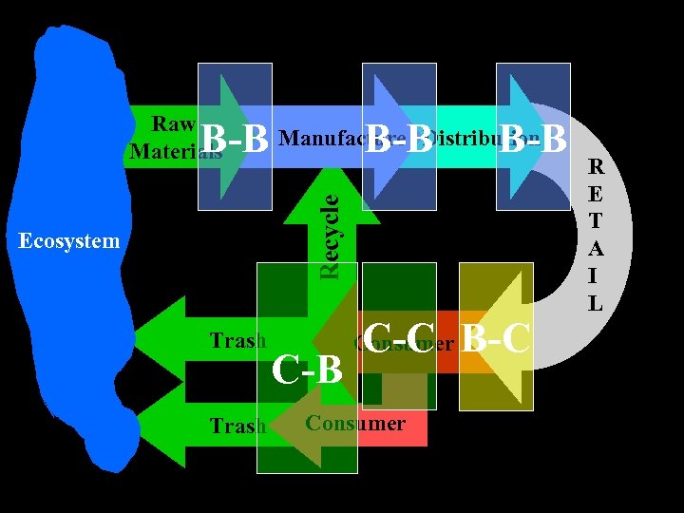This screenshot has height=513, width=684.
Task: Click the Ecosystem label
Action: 69,241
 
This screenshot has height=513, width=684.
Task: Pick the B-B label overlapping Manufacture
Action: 399,140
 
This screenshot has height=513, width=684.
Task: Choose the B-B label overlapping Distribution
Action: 533,140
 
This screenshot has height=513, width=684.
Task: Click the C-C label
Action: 399,336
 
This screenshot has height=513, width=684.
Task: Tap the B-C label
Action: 495,339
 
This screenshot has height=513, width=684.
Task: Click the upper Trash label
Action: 237,341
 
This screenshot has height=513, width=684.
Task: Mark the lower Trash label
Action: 237,426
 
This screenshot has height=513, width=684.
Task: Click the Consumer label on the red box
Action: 355,424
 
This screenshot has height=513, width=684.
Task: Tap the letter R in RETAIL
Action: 596,167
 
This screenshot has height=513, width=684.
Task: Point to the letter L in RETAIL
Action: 596,304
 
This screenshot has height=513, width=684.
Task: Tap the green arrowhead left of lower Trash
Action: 161,418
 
